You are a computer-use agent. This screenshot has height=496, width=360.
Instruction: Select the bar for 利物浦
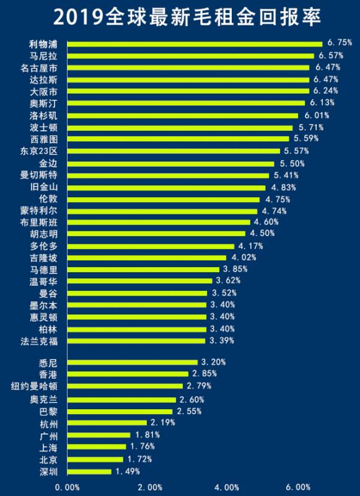[x=195, y=43]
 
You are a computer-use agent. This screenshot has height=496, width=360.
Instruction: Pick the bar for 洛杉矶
[x=182, y=115]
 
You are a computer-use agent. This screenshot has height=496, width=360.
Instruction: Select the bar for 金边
[x=170, y=164]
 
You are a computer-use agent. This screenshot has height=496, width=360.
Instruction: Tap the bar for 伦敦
[x=163, y=200]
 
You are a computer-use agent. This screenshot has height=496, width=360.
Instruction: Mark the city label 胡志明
[x=46, y=234]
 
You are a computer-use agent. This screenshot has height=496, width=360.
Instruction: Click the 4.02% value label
[x=244, y=257]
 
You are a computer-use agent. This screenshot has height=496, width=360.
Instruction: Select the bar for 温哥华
[x=139, y=281]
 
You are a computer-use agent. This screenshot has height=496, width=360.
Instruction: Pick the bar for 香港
[x=128, y=374]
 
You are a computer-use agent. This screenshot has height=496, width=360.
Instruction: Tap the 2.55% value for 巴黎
[x=190, y=411]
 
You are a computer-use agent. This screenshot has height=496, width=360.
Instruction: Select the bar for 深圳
[x=89, y=471]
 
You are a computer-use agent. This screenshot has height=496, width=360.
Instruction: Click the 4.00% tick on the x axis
[x=228, y=487]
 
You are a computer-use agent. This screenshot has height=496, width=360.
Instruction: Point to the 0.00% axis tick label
[x=67, y=487]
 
